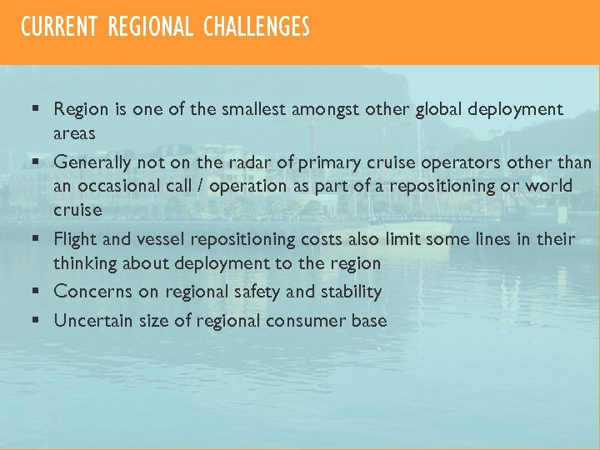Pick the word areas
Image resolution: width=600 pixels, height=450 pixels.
[74, 133]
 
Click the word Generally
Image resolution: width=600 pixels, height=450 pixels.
[92, 161]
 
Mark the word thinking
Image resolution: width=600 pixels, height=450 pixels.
[86, 263]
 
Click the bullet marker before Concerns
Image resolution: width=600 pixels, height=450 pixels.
[37, 292]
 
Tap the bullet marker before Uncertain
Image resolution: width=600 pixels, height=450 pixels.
[37, 320]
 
